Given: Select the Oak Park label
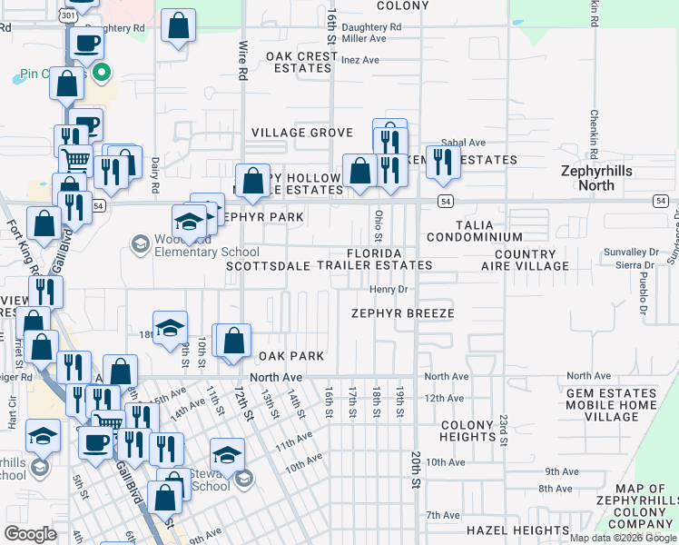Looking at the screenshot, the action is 291,356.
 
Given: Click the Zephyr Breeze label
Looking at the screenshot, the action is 403,312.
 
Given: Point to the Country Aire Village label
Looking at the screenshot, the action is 532,261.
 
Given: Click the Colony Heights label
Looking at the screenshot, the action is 467,431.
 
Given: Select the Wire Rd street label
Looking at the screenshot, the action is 242,59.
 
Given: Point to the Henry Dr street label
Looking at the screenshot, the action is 391,289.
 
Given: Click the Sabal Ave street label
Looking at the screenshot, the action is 463,143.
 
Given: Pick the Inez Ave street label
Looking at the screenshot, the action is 360,60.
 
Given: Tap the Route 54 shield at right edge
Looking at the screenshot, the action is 661,200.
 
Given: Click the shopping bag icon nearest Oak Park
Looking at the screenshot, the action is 235,342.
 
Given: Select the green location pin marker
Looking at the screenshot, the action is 102,72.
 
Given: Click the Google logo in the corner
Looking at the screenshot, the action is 30,534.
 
